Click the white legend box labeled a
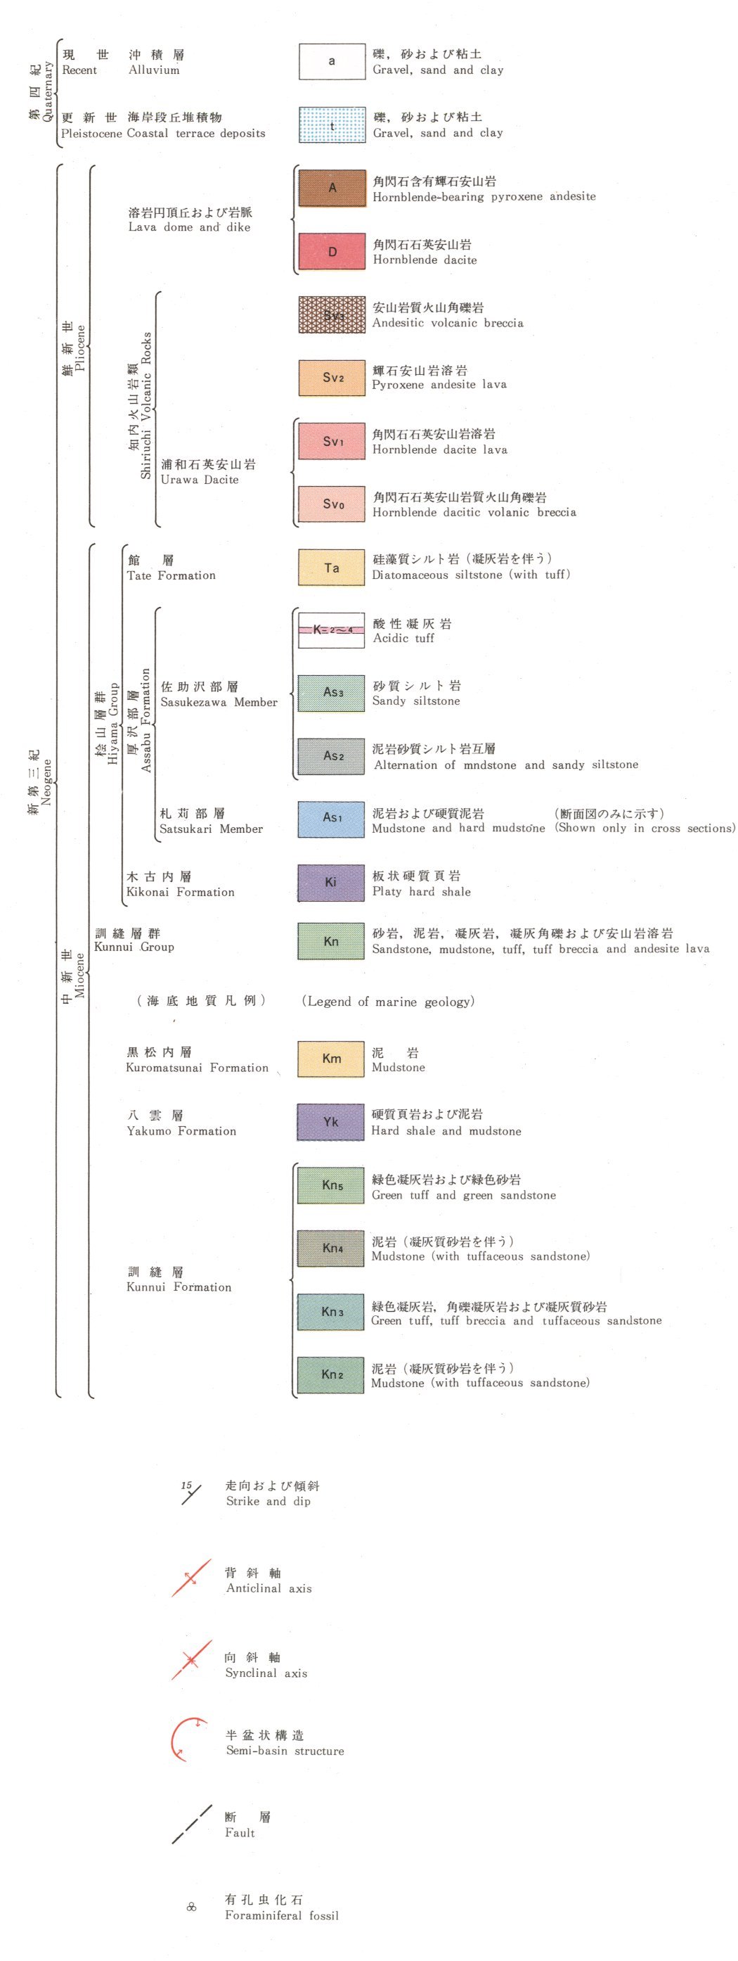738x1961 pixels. click(x=331, y=62)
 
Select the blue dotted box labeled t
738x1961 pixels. click(x=331, y=124)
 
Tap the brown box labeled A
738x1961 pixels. click(x=331, y=188)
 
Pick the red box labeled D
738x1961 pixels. click(x=331, y=251)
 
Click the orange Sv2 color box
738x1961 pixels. click(x=331, y=378)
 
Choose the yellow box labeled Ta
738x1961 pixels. click(x=331, y=567)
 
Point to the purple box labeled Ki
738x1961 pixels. click(x=331, y=881)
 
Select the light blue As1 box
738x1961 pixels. click(x=331, y=818)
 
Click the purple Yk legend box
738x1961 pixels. click(x=331, y=1121)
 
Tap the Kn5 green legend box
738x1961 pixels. click(x=331, y=1184)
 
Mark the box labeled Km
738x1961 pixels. click(x=331, y=1058)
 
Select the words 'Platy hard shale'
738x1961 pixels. click(x=421, y=891)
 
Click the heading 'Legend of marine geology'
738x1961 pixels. click(x=388, y=1001)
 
